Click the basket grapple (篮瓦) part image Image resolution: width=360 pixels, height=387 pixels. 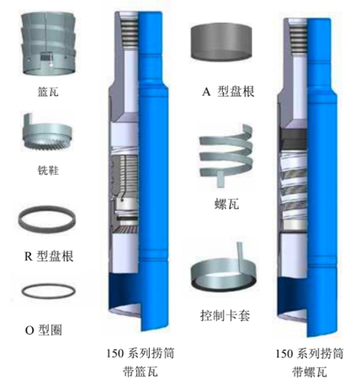[49, 44]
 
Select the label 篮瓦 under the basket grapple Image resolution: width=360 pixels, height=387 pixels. [48, 92]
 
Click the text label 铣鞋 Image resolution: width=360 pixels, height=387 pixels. [48, 171]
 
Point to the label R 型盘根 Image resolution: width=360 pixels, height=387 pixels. [49, 256]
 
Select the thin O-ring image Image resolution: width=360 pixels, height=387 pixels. [48, 291]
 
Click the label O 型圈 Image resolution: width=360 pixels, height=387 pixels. [43, 330]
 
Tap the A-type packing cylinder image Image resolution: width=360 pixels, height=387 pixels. [221, 42]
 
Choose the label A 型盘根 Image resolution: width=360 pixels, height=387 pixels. [229, 91]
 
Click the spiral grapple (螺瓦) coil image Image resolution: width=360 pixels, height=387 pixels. [226, 155]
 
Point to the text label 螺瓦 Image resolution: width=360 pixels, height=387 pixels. [227, 204]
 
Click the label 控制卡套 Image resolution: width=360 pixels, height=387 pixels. [225, 316]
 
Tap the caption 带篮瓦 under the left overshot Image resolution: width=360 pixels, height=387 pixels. [140, 372]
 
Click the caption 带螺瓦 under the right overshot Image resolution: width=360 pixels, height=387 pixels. [309, 372]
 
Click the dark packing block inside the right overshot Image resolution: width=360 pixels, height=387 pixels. [293, 139]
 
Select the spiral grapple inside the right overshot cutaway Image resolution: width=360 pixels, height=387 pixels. [293, 187]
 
